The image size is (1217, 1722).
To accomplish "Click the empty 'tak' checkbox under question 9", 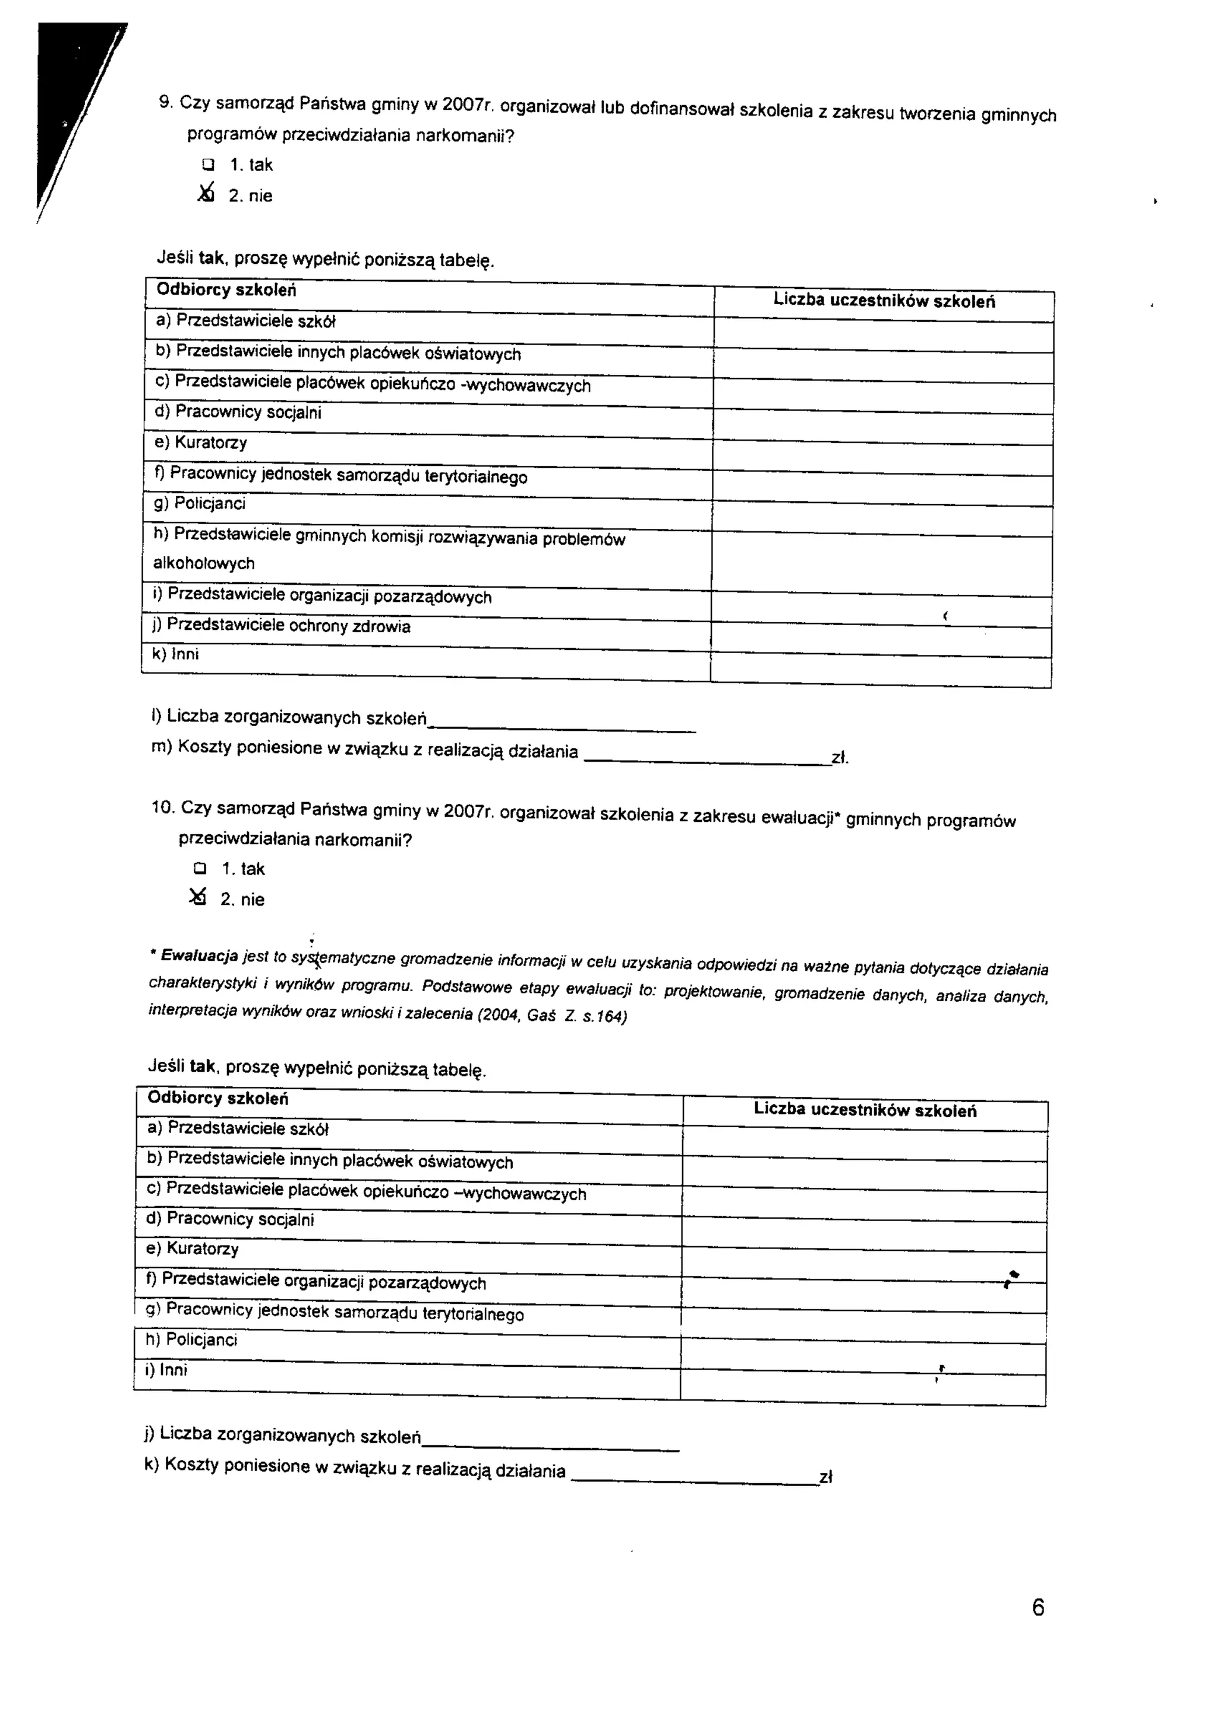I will click(208, 164).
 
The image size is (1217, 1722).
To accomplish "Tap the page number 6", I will click(1038, 1607).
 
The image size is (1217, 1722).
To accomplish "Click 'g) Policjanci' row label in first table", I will click(200, 503).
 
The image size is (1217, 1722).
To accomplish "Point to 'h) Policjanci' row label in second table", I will click(191, 1339).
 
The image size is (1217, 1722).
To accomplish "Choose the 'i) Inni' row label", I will click(166, 1370).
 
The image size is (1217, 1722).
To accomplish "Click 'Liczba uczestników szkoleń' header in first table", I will click(884, 301).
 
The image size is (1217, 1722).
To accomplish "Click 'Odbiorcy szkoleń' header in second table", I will click(217, 1098).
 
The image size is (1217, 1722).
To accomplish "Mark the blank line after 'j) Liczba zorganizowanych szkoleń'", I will click(550, 1444).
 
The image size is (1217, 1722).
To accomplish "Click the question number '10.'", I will click(163, 807).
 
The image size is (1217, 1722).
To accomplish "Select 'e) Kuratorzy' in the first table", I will click(201, 443).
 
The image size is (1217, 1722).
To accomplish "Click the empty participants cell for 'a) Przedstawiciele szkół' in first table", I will click(883, 332).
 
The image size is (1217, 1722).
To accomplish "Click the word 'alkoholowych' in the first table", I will click(204, 563).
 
